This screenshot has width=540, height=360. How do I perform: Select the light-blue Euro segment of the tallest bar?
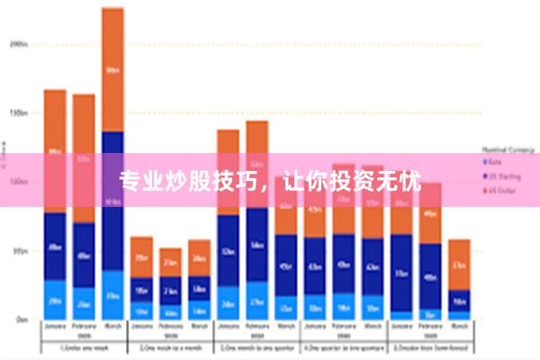(x=112, y=294)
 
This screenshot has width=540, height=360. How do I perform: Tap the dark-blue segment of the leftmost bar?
(x=55, y=246)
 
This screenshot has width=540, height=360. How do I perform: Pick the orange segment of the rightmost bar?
(x=459, y=264)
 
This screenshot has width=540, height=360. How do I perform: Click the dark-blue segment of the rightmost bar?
(x=459, y=301)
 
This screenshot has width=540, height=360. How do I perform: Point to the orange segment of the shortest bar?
(x=170, y=262)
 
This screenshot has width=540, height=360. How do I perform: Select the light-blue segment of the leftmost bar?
(x=55, y=299)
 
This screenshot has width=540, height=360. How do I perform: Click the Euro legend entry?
(x=495, y=162)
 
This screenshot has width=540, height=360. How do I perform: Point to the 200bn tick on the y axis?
(x=19, y=42)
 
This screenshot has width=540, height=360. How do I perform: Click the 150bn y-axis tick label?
(x=19, y=112)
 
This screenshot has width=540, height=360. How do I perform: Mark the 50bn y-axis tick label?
(x=19, y=251)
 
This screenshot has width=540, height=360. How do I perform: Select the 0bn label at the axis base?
(x=21, y=319)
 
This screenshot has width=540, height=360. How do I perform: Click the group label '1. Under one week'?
(x=84, y=346)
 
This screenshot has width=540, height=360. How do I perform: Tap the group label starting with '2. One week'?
(x=170, y=346)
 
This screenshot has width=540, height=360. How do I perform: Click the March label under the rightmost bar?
(x=459, y=326)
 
